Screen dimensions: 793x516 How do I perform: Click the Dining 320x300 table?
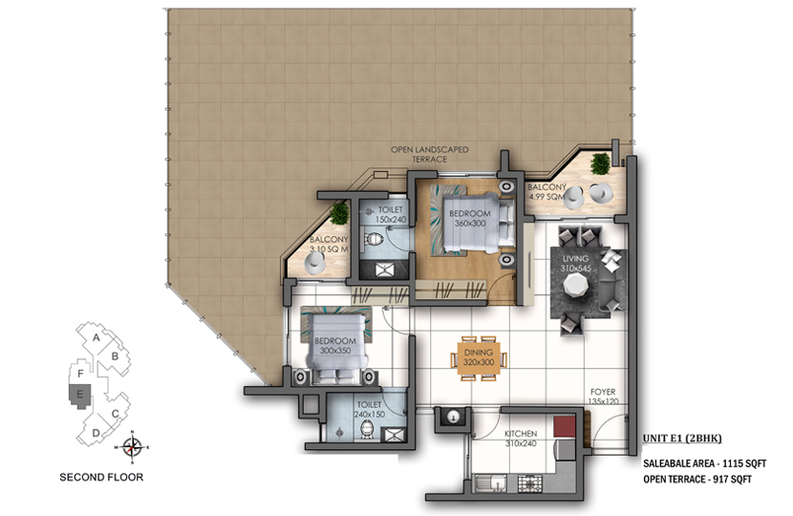[x=479, y=358]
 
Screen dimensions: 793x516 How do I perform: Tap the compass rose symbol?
[x=132, y=447]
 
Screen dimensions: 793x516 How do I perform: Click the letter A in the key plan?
[x=96, y=337]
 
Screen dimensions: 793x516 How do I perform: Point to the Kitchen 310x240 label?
[x=521, y=439]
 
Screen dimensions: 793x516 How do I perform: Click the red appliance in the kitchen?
[x=565, y=426]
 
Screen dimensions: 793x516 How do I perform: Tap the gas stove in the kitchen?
[x=530, y=484]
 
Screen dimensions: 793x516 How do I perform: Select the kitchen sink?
[x=491, y=484]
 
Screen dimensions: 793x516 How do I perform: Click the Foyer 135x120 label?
[x=603, y=397]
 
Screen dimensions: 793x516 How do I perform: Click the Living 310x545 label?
[x=575, y=263]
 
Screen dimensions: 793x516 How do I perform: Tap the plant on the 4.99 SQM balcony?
[x=600, y=163]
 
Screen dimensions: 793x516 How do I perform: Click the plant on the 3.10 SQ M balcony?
[x=339, y=213]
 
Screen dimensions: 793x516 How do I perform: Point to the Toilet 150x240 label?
[x=391, y=214]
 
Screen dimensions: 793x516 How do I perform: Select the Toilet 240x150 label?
[x=369, y=409]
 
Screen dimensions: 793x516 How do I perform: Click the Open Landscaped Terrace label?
[x=429, y=154]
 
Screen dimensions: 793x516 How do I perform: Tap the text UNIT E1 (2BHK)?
[x=682, y=439]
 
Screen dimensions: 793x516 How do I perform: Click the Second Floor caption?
[x=101, y=477]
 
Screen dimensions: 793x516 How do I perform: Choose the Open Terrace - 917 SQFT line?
[x=697, y=479]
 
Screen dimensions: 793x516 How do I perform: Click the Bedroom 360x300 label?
[x=470, y=218]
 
